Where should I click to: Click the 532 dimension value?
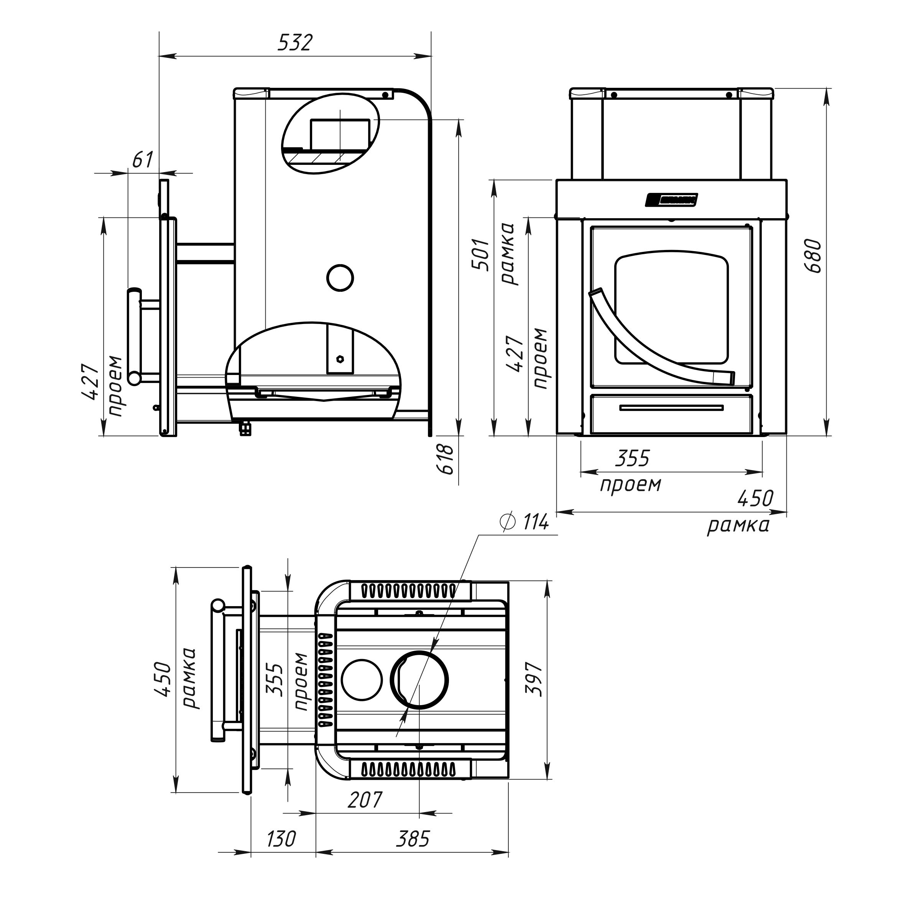point(294,43)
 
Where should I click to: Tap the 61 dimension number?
point(142,160)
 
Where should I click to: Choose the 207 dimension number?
point(365,800)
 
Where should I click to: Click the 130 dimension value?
point(281,839)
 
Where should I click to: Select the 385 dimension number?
point(413,839)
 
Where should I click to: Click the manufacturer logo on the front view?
point(671,199)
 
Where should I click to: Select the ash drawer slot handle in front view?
point(671,408)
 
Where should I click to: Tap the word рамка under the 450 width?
point(738,526)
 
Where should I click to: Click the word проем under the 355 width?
point(631,484)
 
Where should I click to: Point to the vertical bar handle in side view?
point(134,336)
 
